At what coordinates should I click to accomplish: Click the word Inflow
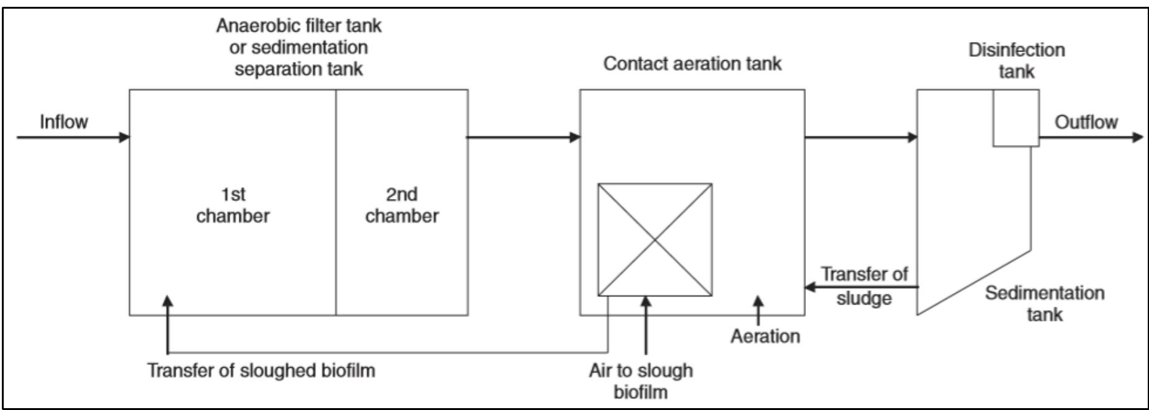(63, 122)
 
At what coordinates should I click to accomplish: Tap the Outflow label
(1086, 122)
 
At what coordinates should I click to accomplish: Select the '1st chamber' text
(233, 205)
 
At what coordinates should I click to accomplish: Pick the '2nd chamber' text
(401, 205)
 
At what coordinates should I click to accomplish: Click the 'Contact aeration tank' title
(692, 64)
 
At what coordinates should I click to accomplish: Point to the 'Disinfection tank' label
(1016, 60)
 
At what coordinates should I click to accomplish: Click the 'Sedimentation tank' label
(1044, 303)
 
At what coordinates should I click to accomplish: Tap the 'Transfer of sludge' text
(864, 285)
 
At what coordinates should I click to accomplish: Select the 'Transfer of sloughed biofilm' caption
(261, 370)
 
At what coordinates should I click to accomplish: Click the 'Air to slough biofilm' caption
(641, 381)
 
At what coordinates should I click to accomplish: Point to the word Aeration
(764, 336)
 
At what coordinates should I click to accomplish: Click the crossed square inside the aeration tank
(655, 239)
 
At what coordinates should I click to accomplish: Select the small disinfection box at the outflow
(1016, 118)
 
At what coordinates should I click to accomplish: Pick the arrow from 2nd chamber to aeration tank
(523, 137)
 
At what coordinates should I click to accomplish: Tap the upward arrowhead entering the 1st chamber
(168, 301)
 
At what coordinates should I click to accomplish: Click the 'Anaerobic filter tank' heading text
(298, 26)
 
